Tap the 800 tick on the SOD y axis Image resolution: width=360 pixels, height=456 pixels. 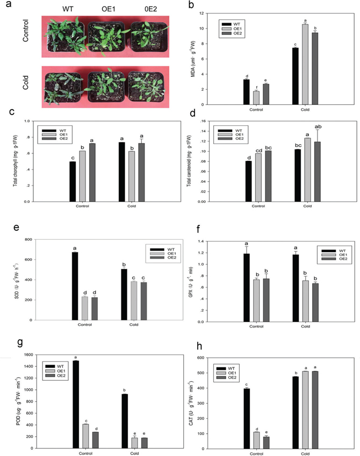(36, 239)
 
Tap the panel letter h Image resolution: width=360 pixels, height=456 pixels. (200, 347)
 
